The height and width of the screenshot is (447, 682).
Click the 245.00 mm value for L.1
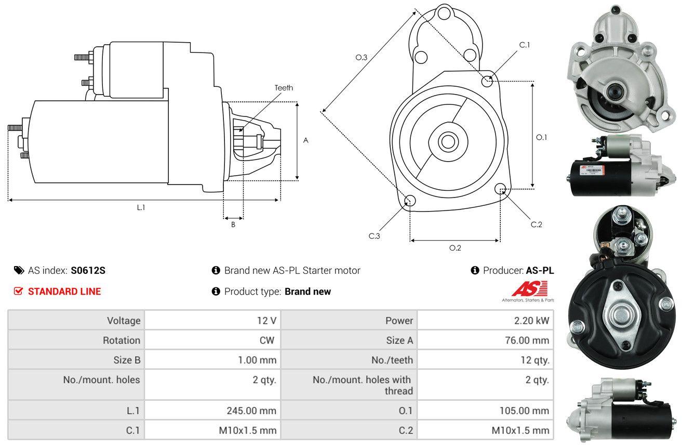[x=251, y=411]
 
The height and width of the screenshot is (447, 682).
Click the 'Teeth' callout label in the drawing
[x=284, y=88]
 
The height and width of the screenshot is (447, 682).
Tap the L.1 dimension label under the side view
[x=141, y=207]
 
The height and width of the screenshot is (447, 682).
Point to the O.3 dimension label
[x=362, y=58]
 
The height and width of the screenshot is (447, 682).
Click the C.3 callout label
[x=375, y=236]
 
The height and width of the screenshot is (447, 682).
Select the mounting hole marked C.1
[x=487, y=81]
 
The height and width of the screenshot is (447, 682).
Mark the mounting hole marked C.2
[x=501, y=188]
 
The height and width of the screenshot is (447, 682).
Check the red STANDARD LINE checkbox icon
[x=18, y=291]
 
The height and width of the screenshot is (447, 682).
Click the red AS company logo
[x=529, y=288]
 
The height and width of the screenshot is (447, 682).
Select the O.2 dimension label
[x=455, y=248]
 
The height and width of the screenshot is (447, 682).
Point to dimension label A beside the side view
[x=306, y=140]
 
